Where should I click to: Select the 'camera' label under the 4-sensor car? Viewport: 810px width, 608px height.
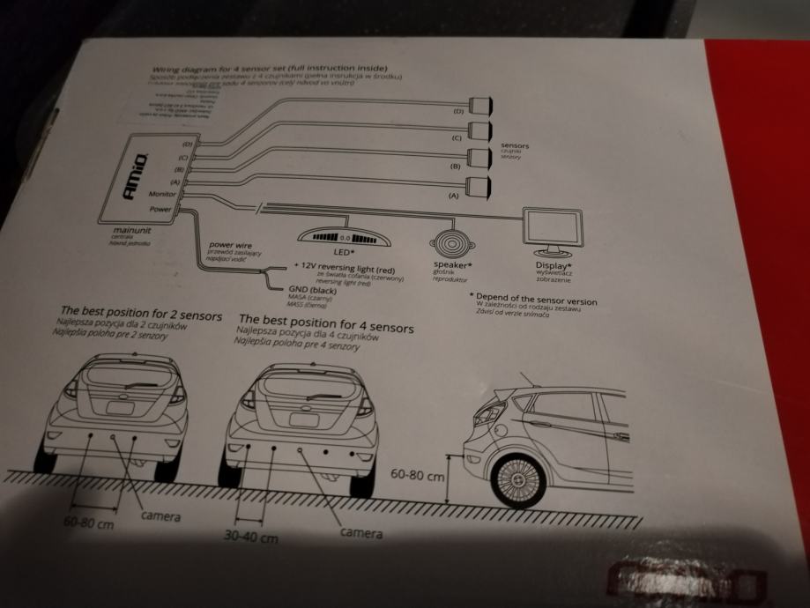point(361,533)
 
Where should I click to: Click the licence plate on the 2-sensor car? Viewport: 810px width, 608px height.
point(119,407)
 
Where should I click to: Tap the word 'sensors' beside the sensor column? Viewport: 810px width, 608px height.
point(516,145)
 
